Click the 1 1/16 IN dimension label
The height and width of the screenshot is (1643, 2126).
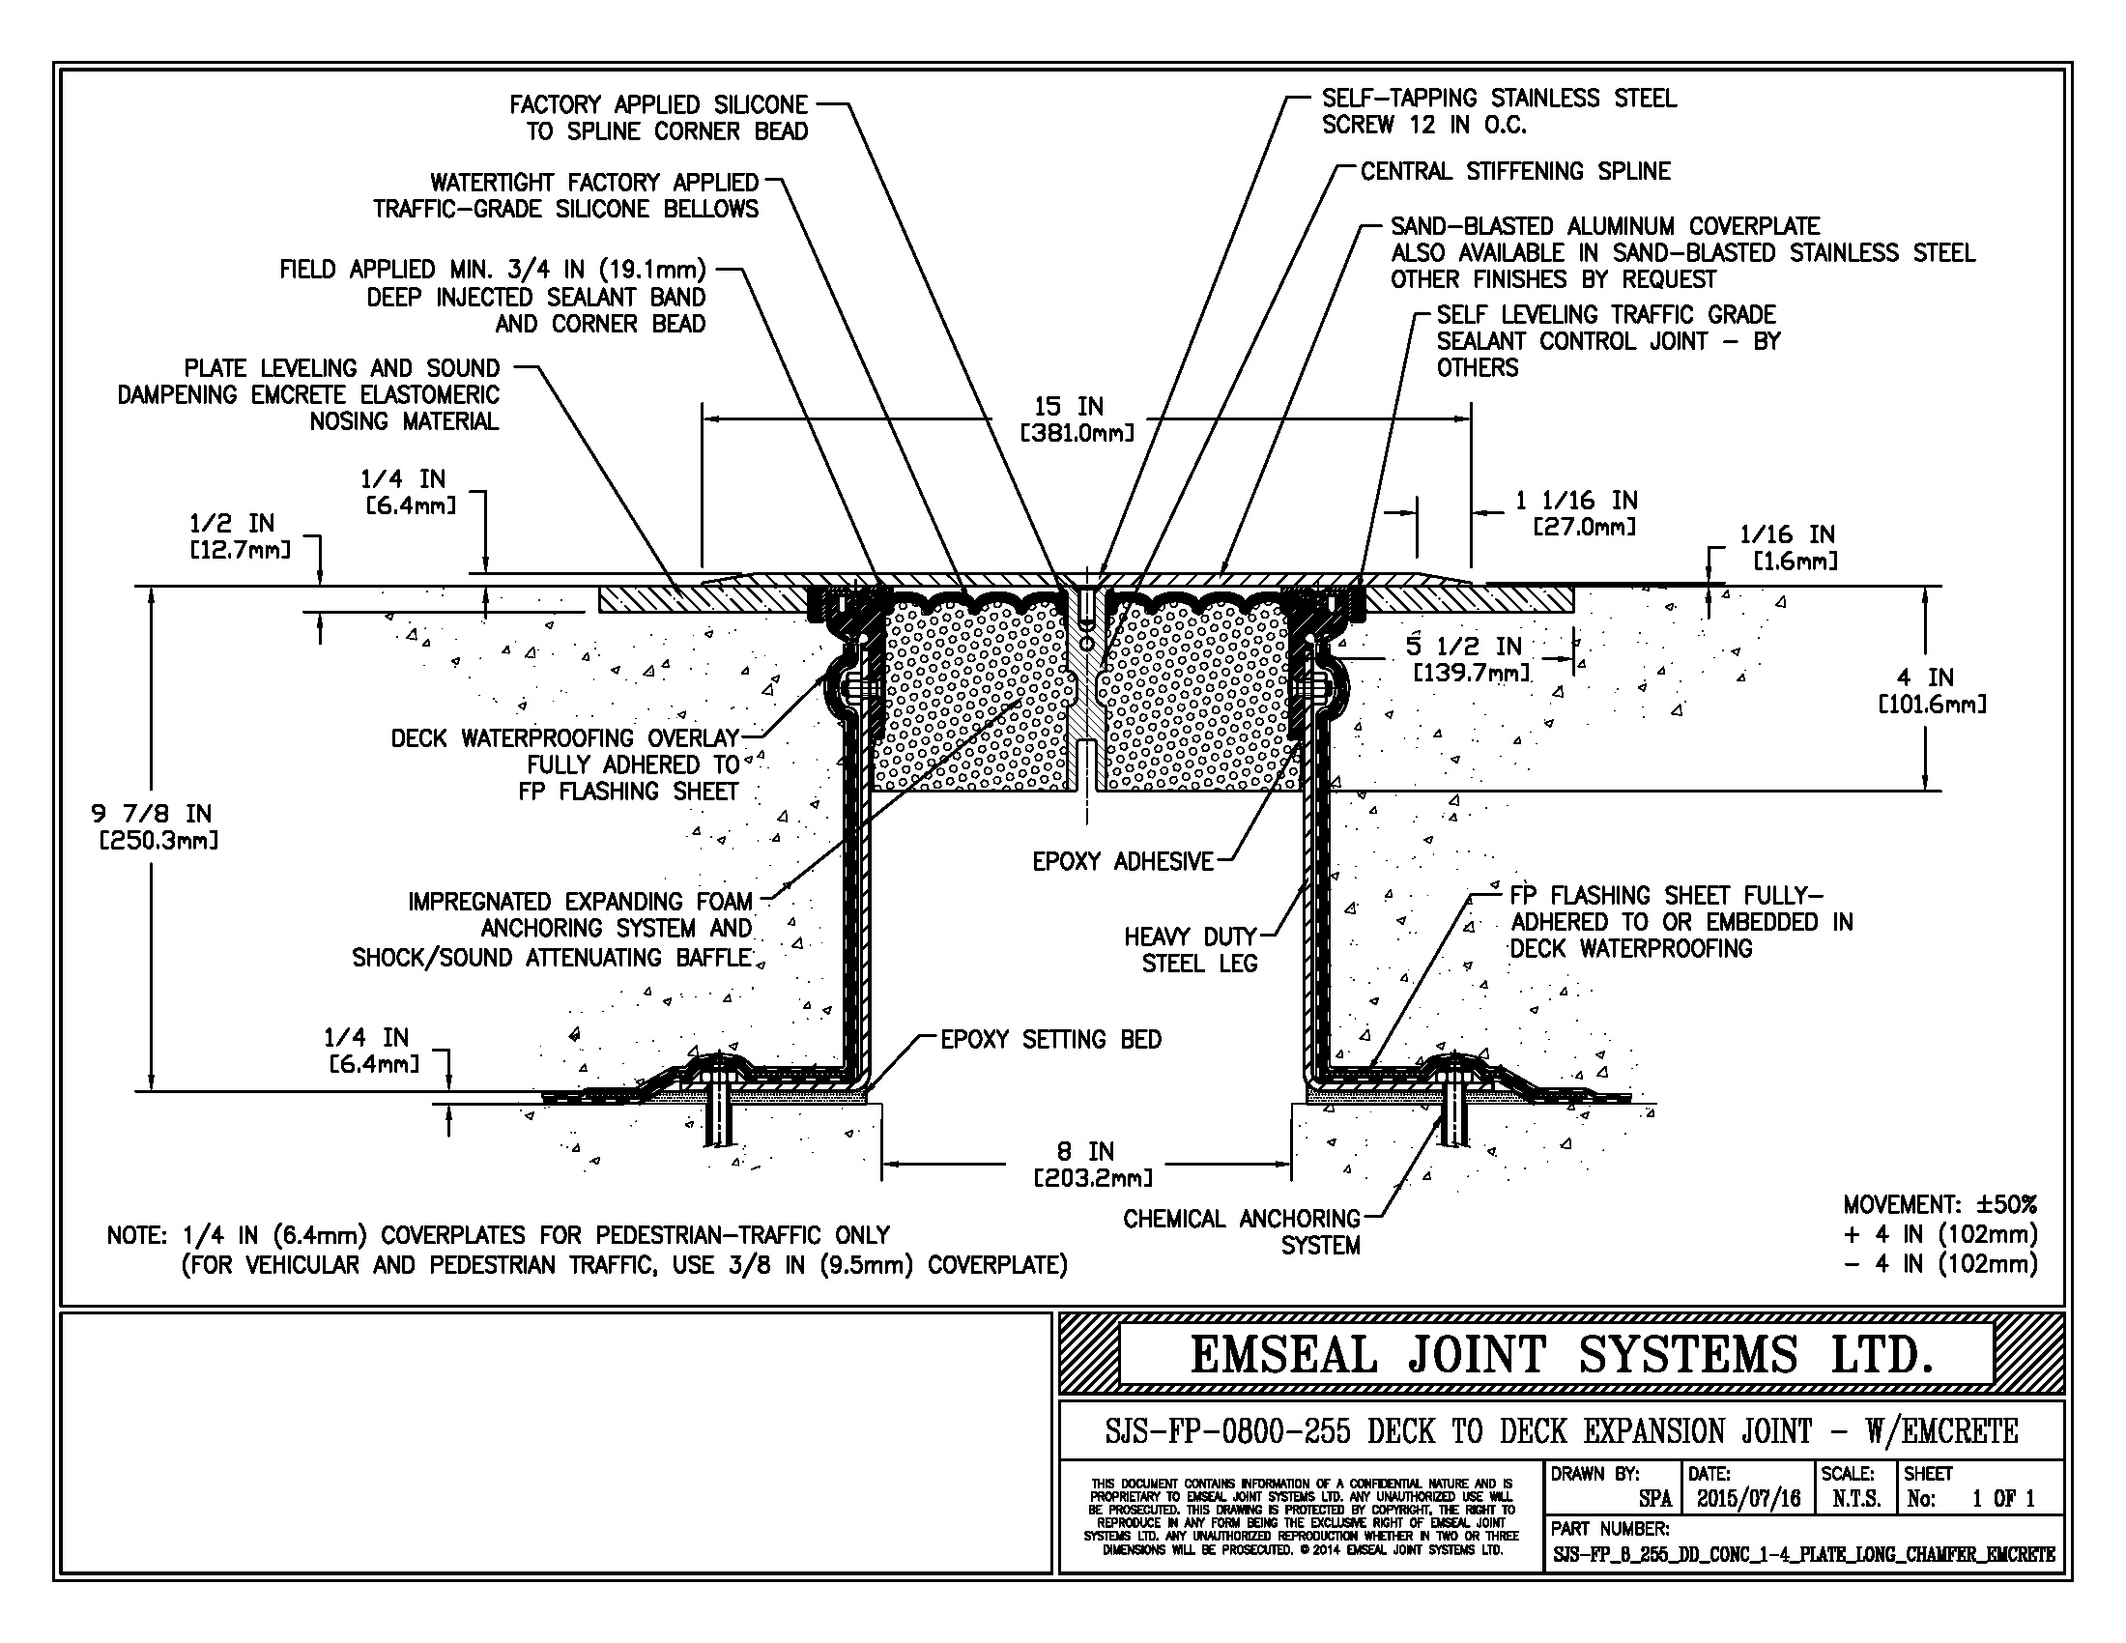[x=1577, y=513]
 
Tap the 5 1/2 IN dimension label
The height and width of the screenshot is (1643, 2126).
[x=1469, y=658]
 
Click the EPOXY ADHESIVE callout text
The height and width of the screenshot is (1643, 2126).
[x=1122, y=861]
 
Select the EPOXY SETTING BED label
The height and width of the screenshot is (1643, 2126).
[x=1050, y=1040]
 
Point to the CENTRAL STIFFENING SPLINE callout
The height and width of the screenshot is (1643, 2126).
[x=1514, y=171]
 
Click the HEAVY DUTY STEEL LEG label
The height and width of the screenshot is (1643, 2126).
[x=1191, y=950]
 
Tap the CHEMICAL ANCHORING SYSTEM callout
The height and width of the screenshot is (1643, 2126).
[x=1242, y=1231]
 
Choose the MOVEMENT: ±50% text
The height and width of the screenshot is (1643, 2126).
[x=1939, y=1204]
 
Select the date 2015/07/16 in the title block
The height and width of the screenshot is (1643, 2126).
[x=1748, y=1498]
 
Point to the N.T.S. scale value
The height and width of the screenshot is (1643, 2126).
[x=1855, y=1498]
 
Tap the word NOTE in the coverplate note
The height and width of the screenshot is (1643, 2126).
[x=138, y=1235]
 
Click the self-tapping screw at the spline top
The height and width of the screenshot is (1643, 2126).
[x=1086, y=608]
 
